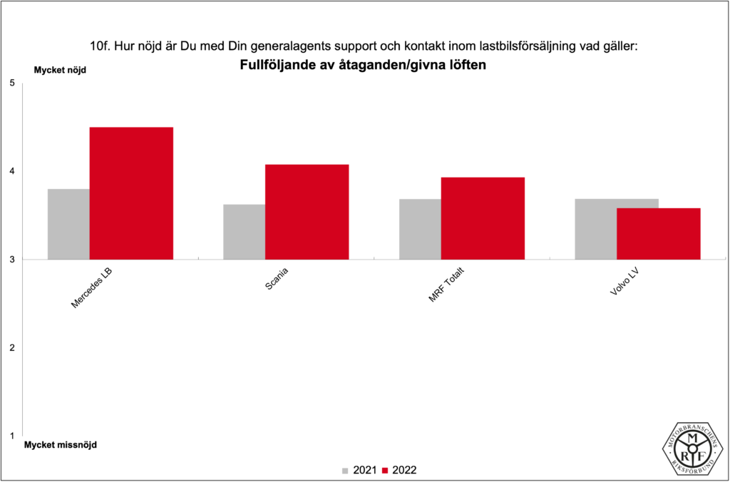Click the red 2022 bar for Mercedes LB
[131, 193]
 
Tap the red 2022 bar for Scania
[307, 212]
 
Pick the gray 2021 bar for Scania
[244, 232]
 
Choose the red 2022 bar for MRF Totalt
[483, 218]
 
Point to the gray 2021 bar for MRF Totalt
[420, 229]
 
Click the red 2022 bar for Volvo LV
[658, 234]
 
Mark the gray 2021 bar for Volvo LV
[596, 229]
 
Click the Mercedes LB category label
[92, 289]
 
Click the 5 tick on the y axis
[11, 83]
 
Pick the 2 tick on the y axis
[11, 348]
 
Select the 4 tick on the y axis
[11, 172]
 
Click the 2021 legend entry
[359, 470]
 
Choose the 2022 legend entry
[399, 470]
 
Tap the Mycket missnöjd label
[61, 445]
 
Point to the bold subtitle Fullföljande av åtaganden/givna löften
[364, 65]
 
